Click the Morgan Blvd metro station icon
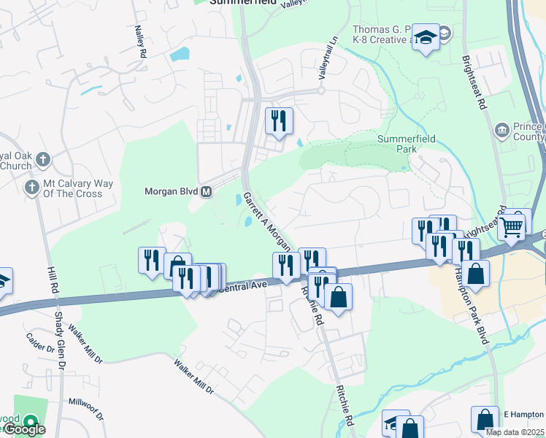207,192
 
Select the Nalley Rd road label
140,42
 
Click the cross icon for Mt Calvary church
31,188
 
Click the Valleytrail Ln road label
328,59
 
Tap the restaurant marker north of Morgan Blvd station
278,121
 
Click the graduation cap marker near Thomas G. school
424,36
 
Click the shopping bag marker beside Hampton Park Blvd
475,275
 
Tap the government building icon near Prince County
502,131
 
